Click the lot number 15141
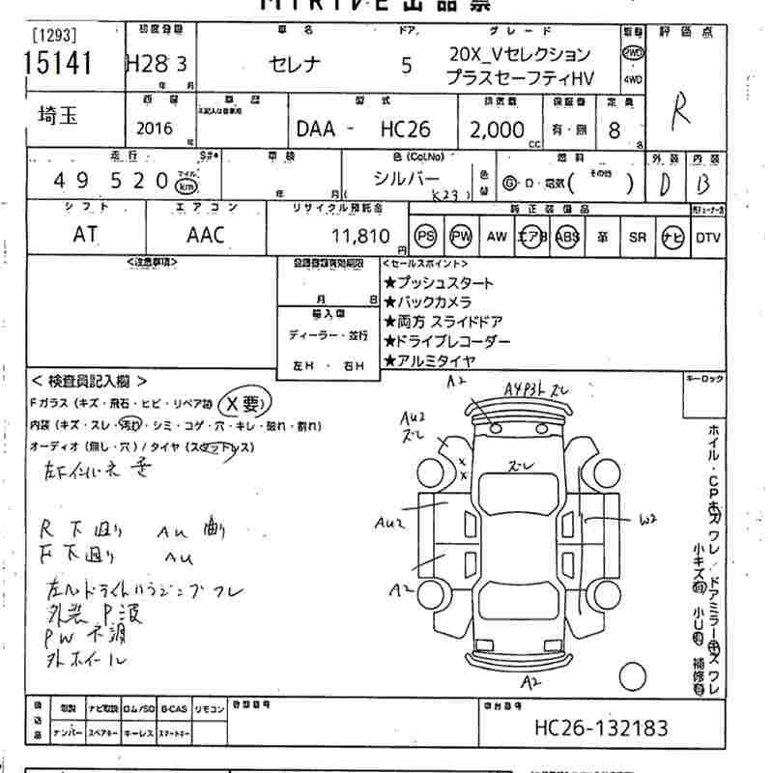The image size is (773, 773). tap(56, 64)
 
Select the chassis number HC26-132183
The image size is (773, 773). tap(600, 727)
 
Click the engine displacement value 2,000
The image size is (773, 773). tap(498, 129)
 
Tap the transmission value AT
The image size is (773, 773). tap(84, 234)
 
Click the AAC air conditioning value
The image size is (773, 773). tap(205, 234)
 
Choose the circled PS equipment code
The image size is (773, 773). tap(425, 236)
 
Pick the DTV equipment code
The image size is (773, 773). tap(708, 236)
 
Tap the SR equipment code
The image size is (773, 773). tap(637, 236)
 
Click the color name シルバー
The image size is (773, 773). tap(407, 180)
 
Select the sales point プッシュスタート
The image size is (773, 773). tap(439, 283)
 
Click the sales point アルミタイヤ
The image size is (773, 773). tap(430, 360)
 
